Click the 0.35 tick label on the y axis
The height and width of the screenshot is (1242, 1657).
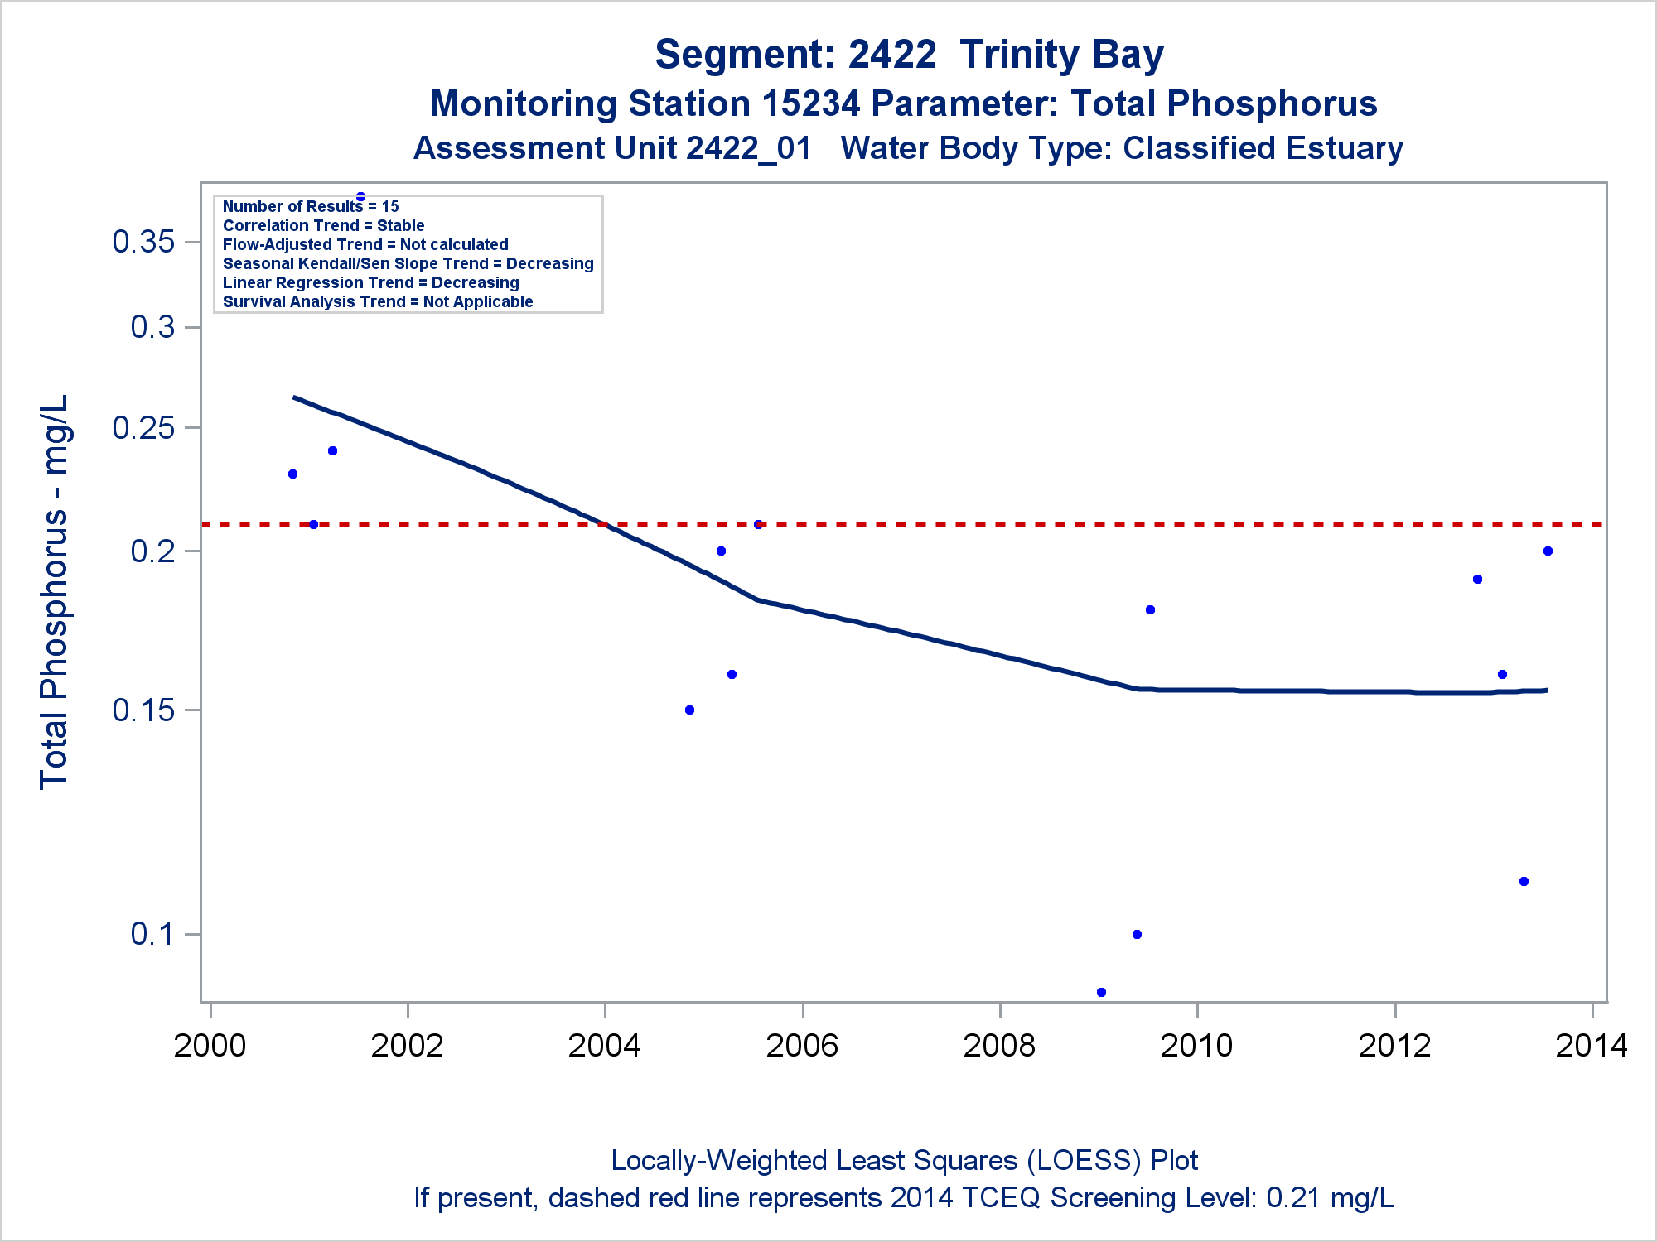(143, 242)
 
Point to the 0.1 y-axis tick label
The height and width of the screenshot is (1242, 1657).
(152, 934)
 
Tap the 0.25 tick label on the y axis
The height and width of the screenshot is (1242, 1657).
(143, 427)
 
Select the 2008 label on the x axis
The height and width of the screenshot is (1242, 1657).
(999, 1046)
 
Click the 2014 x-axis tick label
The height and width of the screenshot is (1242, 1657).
(1591, 1046)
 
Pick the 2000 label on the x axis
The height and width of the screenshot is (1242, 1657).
(210, 1046)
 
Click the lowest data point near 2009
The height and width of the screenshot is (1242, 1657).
(1101, 992)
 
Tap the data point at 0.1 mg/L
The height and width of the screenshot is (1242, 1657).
(1137, 934)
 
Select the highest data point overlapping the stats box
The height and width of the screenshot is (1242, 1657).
(360, 197)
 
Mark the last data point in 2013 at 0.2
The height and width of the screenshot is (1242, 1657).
(1548, 551)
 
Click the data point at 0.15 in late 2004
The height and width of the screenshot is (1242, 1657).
(689, 710)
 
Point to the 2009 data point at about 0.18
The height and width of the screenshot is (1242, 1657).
(1150, 609)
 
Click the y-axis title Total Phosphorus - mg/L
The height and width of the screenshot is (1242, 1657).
(54, 592)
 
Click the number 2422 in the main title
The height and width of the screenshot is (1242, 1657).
(892, 55)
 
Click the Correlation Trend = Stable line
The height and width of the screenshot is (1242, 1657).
(323, 225)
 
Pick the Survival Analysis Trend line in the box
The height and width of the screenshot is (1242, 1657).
(378, 301)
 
